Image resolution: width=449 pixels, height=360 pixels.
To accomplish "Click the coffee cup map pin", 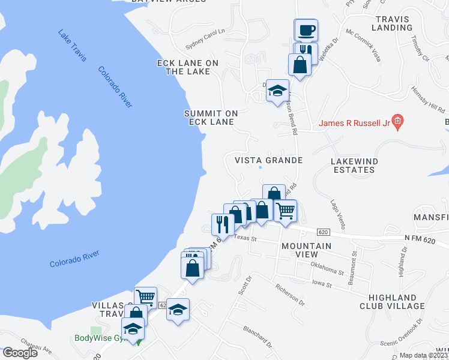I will click(x=306, y=30).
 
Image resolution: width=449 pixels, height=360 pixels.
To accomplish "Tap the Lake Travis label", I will click(x=73, y=45).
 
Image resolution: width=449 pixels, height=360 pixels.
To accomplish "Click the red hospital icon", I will click(x=397, y=122).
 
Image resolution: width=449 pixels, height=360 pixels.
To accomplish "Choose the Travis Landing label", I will click(x=393, y=23).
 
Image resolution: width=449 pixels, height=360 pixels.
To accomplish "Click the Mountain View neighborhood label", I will click(x=306, y=251).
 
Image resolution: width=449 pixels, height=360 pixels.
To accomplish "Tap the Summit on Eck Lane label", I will click(x=211, y=118).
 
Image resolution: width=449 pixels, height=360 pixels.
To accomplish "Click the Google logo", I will click(x=19, y=353).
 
